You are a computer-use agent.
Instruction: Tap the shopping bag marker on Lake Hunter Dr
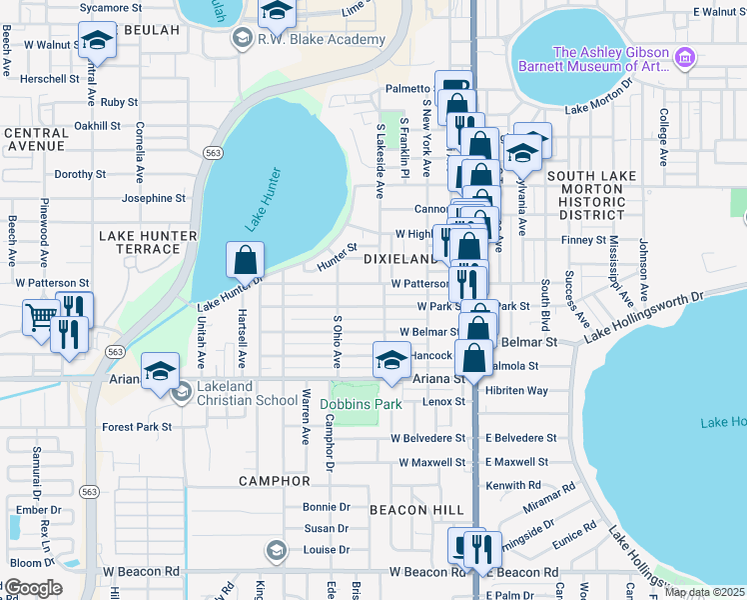click(245, 262)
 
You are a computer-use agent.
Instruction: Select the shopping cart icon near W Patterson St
click(41, 318)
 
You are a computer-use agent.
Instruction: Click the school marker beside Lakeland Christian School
click(160, 372)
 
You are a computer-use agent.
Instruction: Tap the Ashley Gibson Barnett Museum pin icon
click(684, 59)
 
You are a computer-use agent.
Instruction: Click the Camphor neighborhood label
click(275, 481)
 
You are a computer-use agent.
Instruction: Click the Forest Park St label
click(137, 427)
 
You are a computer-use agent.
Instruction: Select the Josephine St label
click(153, 198)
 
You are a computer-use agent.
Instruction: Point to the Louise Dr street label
click(327, 550)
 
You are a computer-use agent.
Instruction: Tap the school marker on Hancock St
click(391, 360)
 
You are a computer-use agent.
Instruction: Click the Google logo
click(34, 588)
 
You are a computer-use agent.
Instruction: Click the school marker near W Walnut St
click(97, 41)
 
